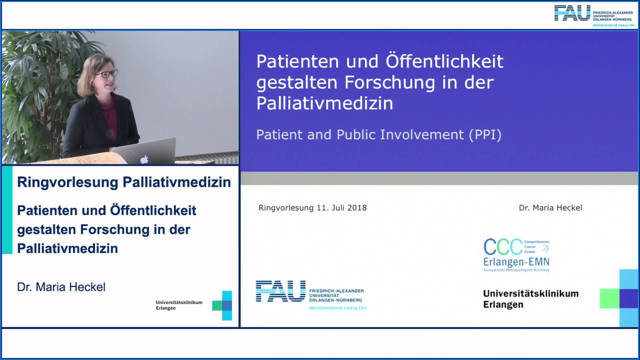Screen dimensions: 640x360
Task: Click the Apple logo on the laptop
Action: point(144,160)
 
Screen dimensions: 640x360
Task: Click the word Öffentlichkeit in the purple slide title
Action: point(444,61)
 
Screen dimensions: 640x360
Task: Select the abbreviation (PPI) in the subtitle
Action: point(485,135)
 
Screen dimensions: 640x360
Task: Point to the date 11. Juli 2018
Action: point(342,208)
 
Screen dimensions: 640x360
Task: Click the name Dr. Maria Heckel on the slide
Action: point(550,208)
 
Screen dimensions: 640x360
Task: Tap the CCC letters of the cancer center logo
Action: point(503,247)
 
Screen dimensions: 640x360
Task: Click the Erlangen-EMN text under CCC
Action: point(516,262)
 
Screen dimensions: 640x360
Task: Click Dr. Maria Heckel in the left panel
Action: point(61,287)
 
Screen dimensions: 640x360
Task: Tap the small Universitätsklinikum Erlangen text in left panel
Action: point(179,305)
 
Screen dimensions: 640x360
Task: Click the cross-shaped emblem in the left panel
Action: point(222,305)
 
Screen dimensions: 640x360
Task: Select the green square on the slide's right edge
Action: point(609,298)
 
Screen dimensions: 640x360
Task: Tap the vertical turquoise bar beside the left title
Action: point(7,210)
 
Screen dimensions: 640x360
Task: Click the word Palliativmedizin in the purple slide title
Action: point(325,103)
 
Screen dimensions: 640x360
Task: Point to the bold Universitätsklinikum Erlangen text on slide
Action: point(531,299)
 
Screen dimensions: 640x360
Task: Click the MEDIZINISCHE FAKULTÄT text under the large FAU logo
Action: point(338,308)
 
